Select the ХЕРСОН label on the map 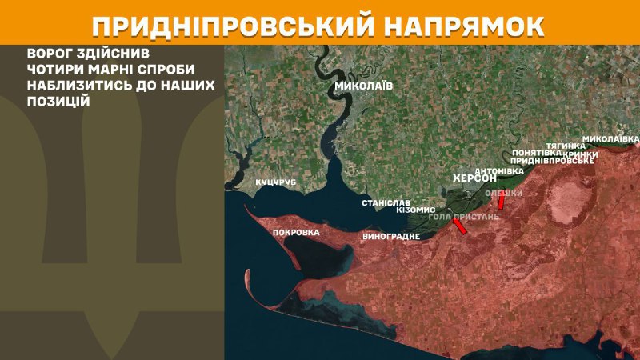[x=474, y=179]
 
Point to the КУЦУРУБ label [x=276, y=182]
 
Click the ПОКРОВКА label [x=296, y=233]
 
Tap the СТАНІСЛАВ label [x=386, y=203]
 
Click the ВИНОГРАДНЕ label [x=391, y=237]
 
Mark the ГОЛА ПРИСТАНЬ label [x=464, y=217]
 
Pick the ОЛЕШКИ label [x=504, y=193]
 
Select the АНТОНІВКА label [x=499, y=171]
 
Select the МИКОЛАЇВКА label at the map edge [x=610, y=138]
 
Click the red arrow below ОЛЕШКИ [x=501, y=204]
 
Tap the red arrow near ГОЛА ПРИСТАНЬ [x=460, y=227]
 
